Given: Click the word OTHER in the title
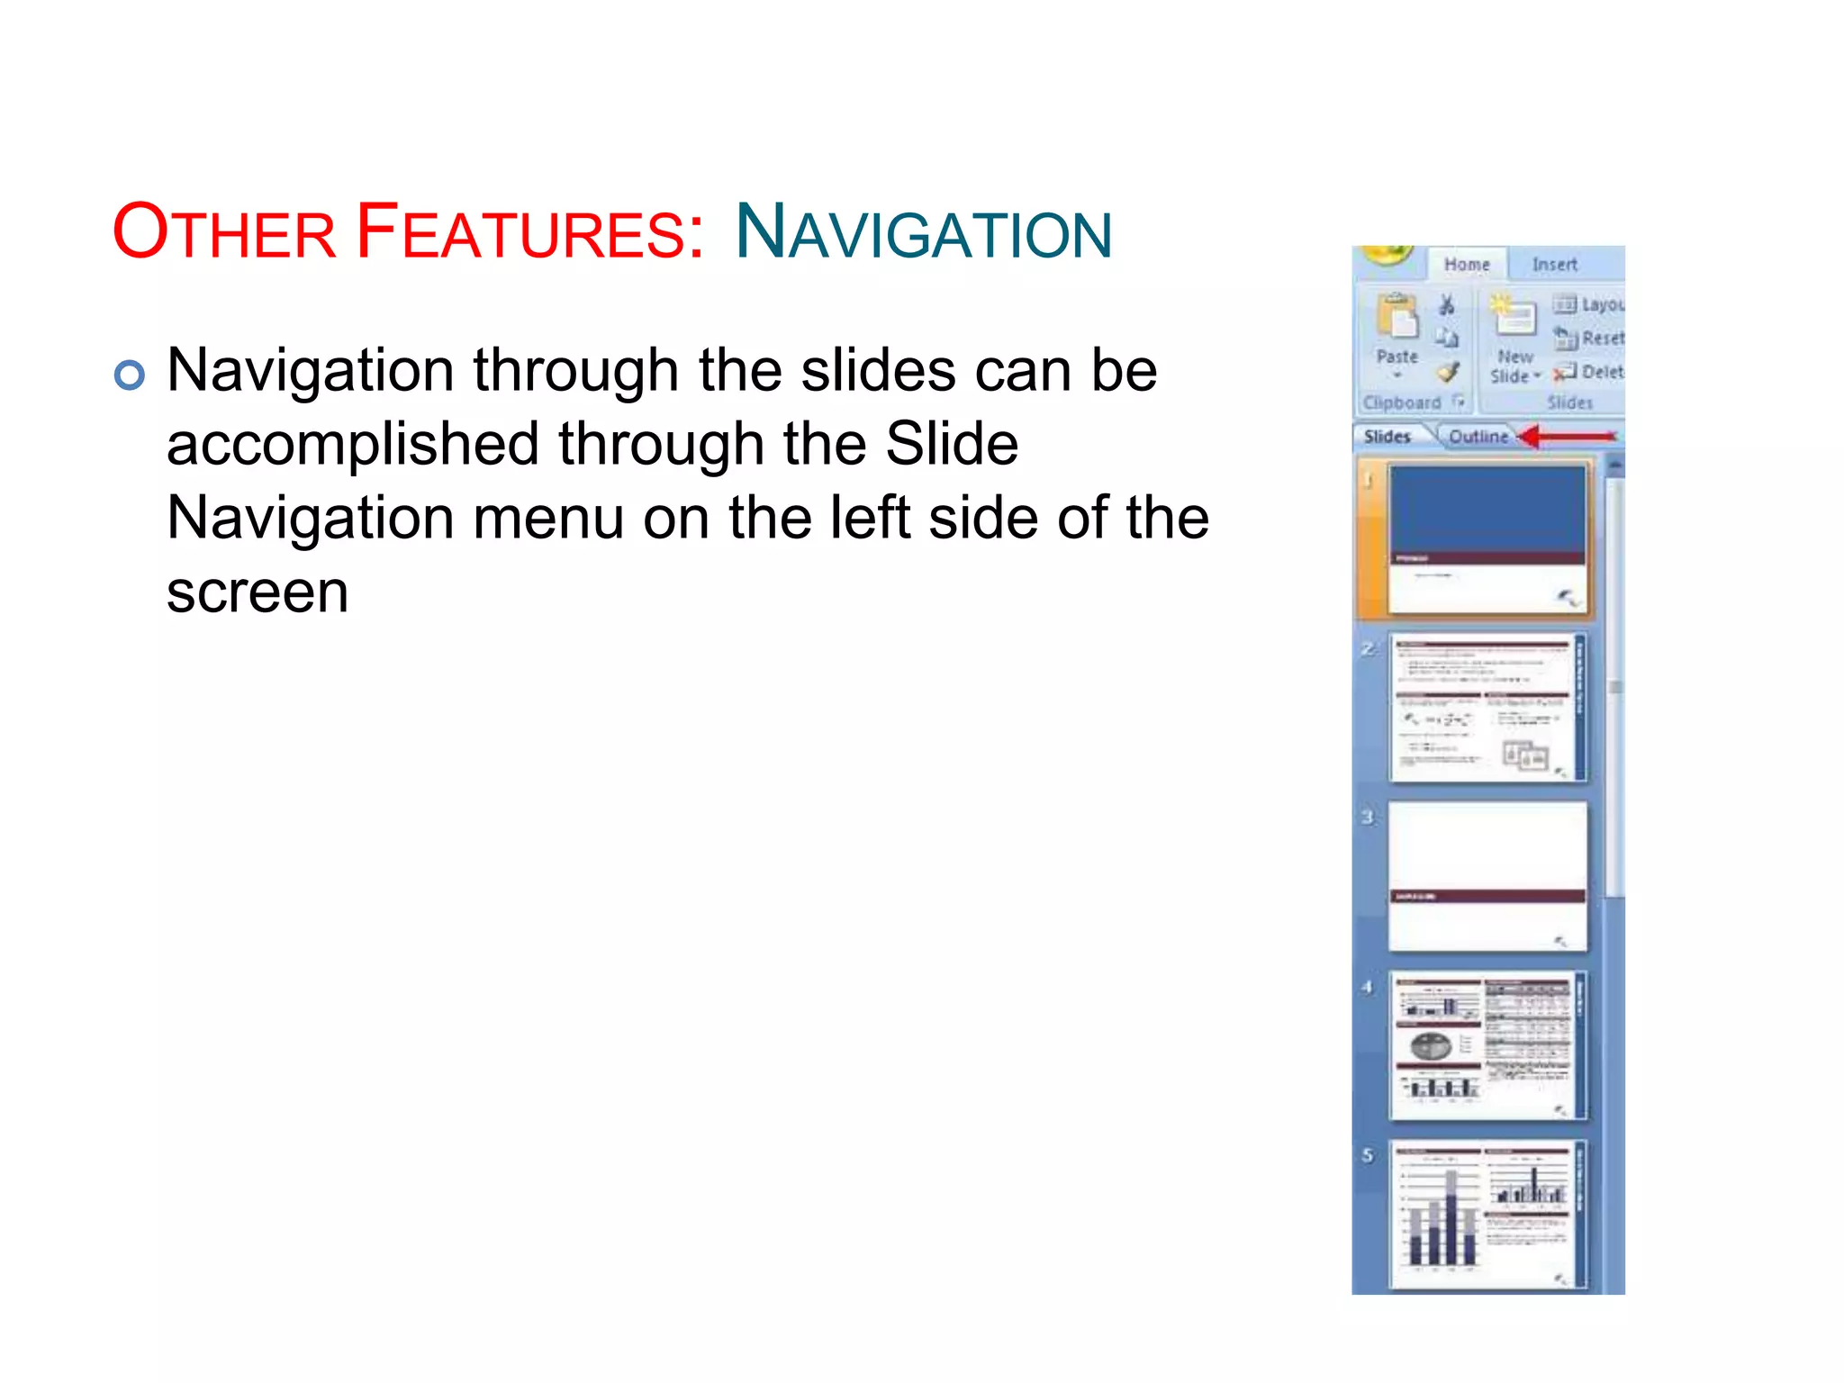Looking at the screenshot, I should [x=224, y=232].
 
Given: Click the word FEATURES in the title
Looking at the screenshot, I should [x=529, y=232].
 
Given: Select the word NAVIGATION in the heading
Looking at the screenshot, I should [x=923, y=232].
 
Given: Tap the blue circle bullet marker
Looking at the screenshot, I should [x=130, y=375].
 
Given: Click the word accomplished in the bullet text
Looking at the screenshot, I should [x=350, y=445].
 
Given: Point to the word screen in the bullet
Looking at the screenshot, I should [x=258, y=592].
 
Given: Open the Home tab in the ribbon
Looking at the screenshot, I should [x=1466, y=265].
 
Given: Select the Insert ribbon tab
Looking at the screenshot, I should [x=1554, y=265].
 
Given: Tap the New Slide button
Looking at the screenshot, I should [x=1514, y=342].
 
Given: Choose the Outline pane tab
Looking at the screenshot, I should [x=1478, y=437].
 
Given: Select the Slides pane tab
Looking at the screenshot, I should [x=1387, y=437].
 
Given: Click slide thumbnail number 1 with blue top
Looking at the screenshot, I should [x=1487, y=538].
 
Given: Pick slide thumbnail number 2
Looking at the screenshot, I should [x=1487, y=708].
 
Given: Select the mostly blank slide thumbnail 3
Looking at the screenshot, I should [x=1487, y=876].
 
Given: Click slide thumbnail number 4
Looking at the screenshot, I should [x=1487, y=1045].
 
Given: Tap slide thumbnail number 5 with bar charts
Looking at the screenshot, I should [x=1487, y=1214].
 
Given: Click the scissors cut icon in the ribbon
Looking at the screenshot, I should [x=1446, y=305].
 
